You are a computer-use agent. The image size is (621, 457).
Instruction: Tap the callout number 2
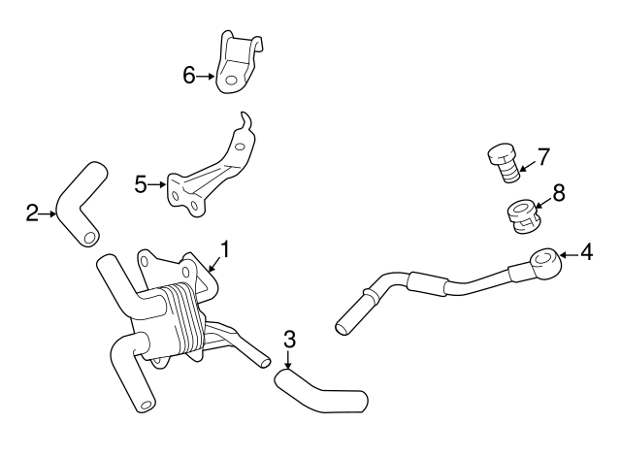coord(32,212)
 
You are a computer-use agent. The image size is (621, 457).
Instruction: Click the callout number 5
coord(141,183)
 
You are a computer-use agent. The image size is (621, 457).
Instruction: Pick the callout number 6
coord(190,75)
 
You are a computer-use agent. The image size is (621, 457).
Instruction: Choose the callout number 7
coord(543,155)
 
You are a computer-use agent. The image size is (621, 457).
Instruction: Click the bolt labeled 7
coord(504,162)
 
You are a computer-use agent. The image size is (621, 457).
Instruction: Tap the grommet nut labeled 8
coord(521,215)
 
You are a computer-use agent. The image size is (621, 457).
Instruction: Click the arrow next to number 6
coord(208,75)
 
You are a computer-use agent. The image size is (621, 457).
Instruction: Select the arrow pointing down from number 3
coord(289,359)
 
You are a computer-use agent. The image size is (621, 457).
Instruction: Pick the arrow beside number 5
coord(158,183)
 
